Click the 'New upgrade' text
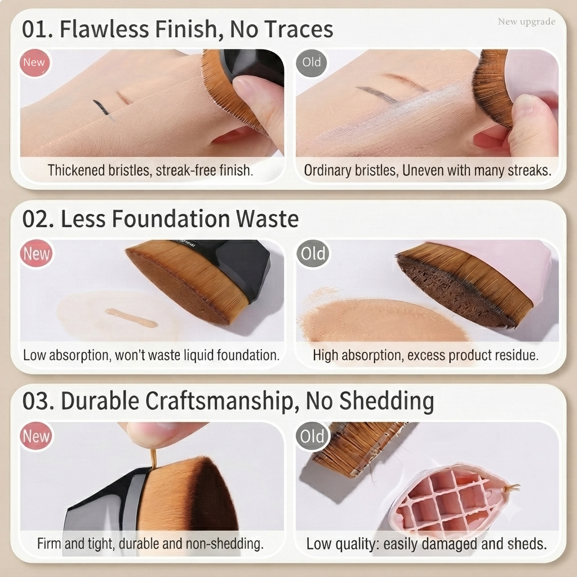[527, 22]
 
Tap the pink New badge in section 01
[34, 63]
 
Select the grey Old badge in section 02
[313, 253]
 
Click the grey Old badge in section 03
[312, 436]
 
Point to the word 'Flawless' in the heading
[104, 29]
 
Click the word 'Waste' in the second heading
[267, 219]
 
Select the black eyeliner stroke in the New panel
[101, 107]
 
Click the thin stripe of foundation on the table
[131, 318]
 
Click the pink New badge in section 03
[36, 437]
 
